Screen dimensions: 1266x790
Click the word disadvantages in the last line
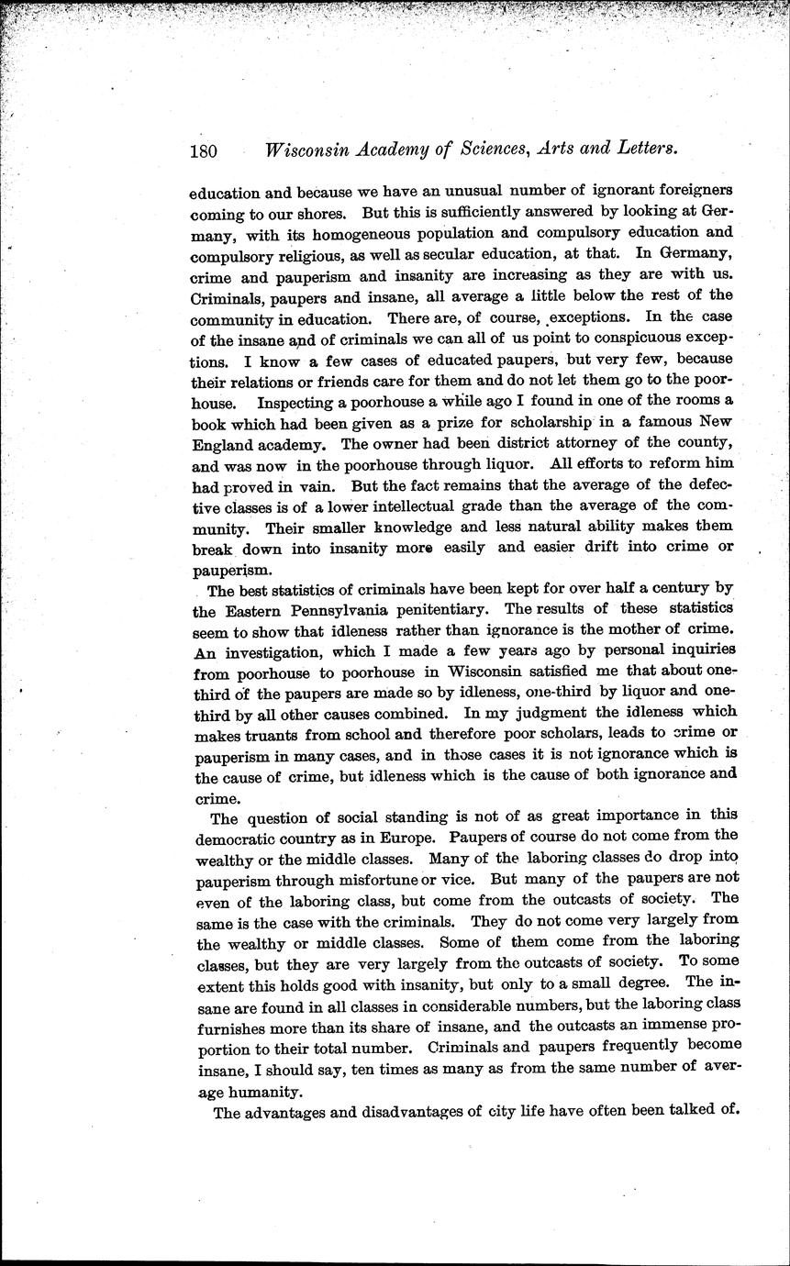[x=430, y=1114]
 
